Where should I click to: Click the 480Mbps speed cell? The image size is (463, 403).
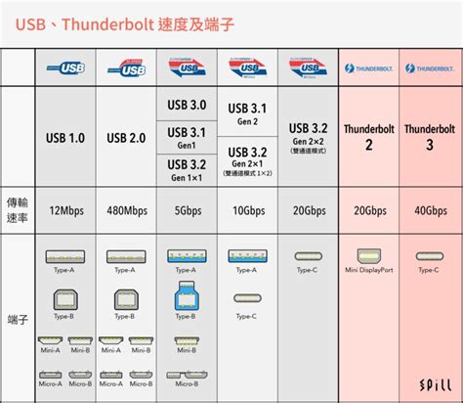pyautogui.click(x=127, y=210)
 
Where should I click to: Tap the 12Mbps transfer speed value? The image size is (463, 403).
pyautogui.click(x=64, y=210)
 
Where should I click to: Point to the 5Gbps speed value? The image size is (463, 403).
pyautogui.click(x=188, y=210)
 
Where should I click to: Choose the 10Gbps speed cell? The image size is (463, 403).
pyautogui.click(x=248, y=210)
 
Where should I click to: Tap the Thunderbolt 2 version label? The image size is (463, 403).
pyautogui.click(x=369, y=137)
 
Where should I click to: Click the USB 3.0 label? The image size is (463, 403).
pyautogui.click(x=187, y=105)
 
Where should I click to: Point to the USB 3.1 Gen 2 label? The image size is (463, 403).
pyautogui.click(x=248, y=112)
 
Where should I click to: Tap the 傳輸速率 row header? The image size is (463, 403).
pyautogui.click(x=17, y=210)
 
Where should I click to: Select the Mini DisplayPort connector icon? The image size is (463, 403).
pyautogui.click(x=369, y=256)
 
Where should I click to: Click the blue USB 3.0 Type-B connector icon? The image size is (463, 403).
pyautogui.click(x=187, y=295)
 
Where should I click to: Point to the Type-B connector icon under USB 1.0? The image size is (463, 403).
pyautogui.click(x=64, y=299)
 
